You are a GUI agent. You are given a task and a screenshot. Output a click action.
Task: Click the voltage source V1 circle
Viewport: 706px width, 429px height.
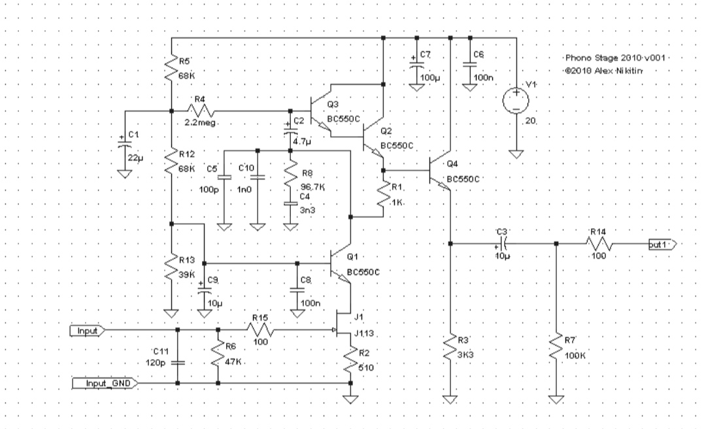click(516, 101)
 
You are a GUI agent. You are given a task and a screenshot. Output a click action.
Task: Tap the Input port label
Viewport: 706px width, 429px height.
click(87, 331)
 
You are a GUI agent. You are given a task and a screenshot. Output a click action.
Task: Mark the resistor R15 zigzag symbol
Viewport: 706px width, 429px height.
click(260, 331)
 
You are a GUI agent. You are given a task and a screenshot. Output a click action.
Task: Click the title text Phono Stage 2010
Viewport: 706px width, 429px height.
click(613, 58)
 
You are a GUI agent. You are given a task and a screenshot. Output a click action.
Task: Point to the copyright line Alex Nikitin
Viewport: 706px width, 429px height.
click(605, 69)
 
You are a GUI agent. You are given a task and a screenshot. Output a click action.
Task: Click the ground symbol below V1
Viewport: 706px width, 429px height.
click(516, 154)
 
